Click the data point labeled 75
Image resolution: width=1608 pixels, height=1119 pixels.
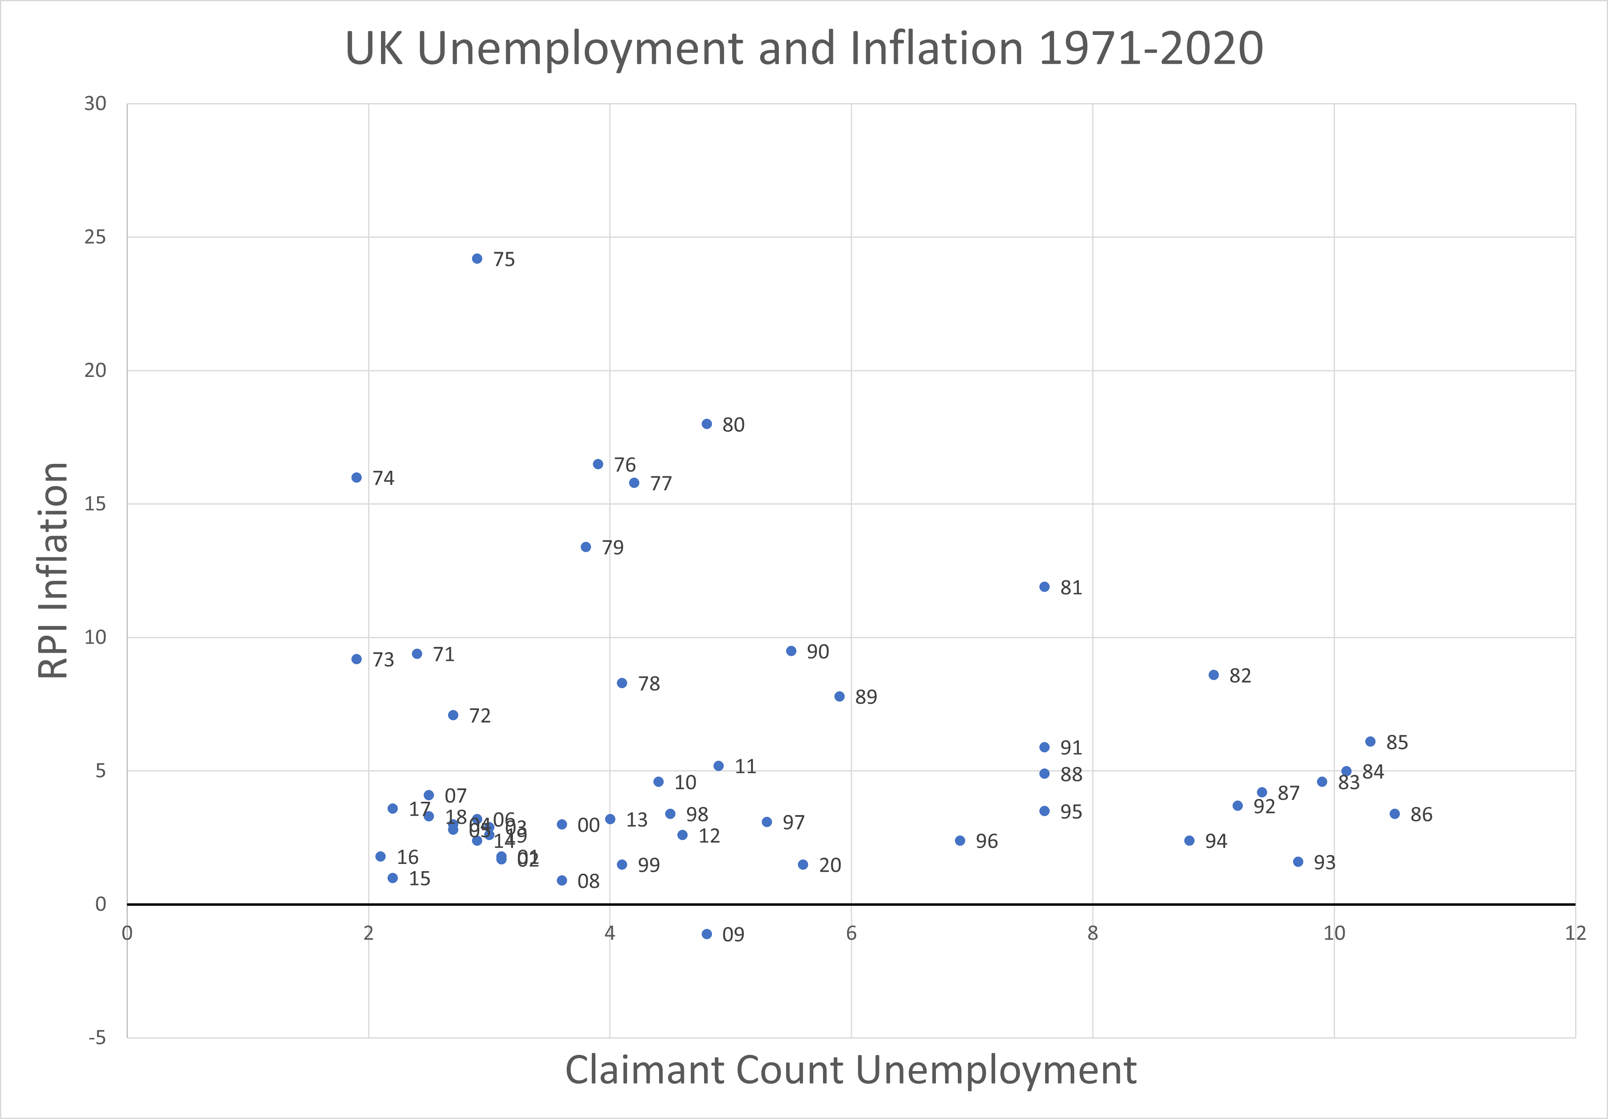click(477, 259)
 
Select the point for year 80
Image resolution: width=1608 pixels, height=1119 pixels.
click(707, 424)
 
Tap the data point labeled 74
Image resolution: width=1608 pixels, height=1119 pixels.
click(356, 477)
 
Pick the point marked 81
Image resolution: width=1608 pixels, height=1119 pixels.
click(1044, 587)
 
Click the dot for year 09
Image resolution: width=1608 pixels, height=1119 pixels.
click(707, 934)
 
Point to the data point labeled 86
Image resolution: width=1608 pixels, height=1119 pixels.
click(1395, 814)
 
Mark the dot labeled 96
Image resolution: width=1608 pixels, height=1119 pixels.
click(960, 840)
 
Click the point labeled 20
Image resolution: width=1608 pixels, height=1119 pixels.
click(803, 865)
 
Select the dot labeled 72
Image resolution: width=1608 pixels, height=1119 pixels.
click(453, 715)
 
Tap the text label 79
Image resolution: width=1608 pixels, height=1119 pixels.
click(613, 547)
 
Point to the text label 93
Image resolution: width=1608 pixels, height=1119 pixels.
click(1324, 863)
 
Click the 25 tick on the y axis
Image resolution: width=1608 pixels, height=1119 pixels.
click(95, 237)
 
